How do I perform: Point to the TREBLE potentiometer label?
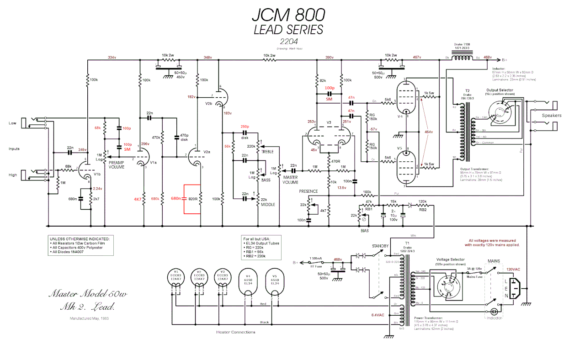coord(267,151)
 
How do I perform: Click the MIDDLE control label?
coord(268,205)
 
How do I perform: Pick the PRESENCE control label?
coord(309,191)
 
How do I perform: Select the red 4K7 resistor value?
coord(137,199)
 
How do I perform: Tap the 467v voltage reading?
coord(417,57)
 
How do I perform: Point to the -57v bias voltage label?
coord(373,129)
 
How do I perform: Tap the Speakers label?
coord(552,116)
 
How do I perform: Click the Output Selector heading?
coord(500,90)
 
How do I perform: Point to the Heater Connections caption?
coord(235,332)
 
